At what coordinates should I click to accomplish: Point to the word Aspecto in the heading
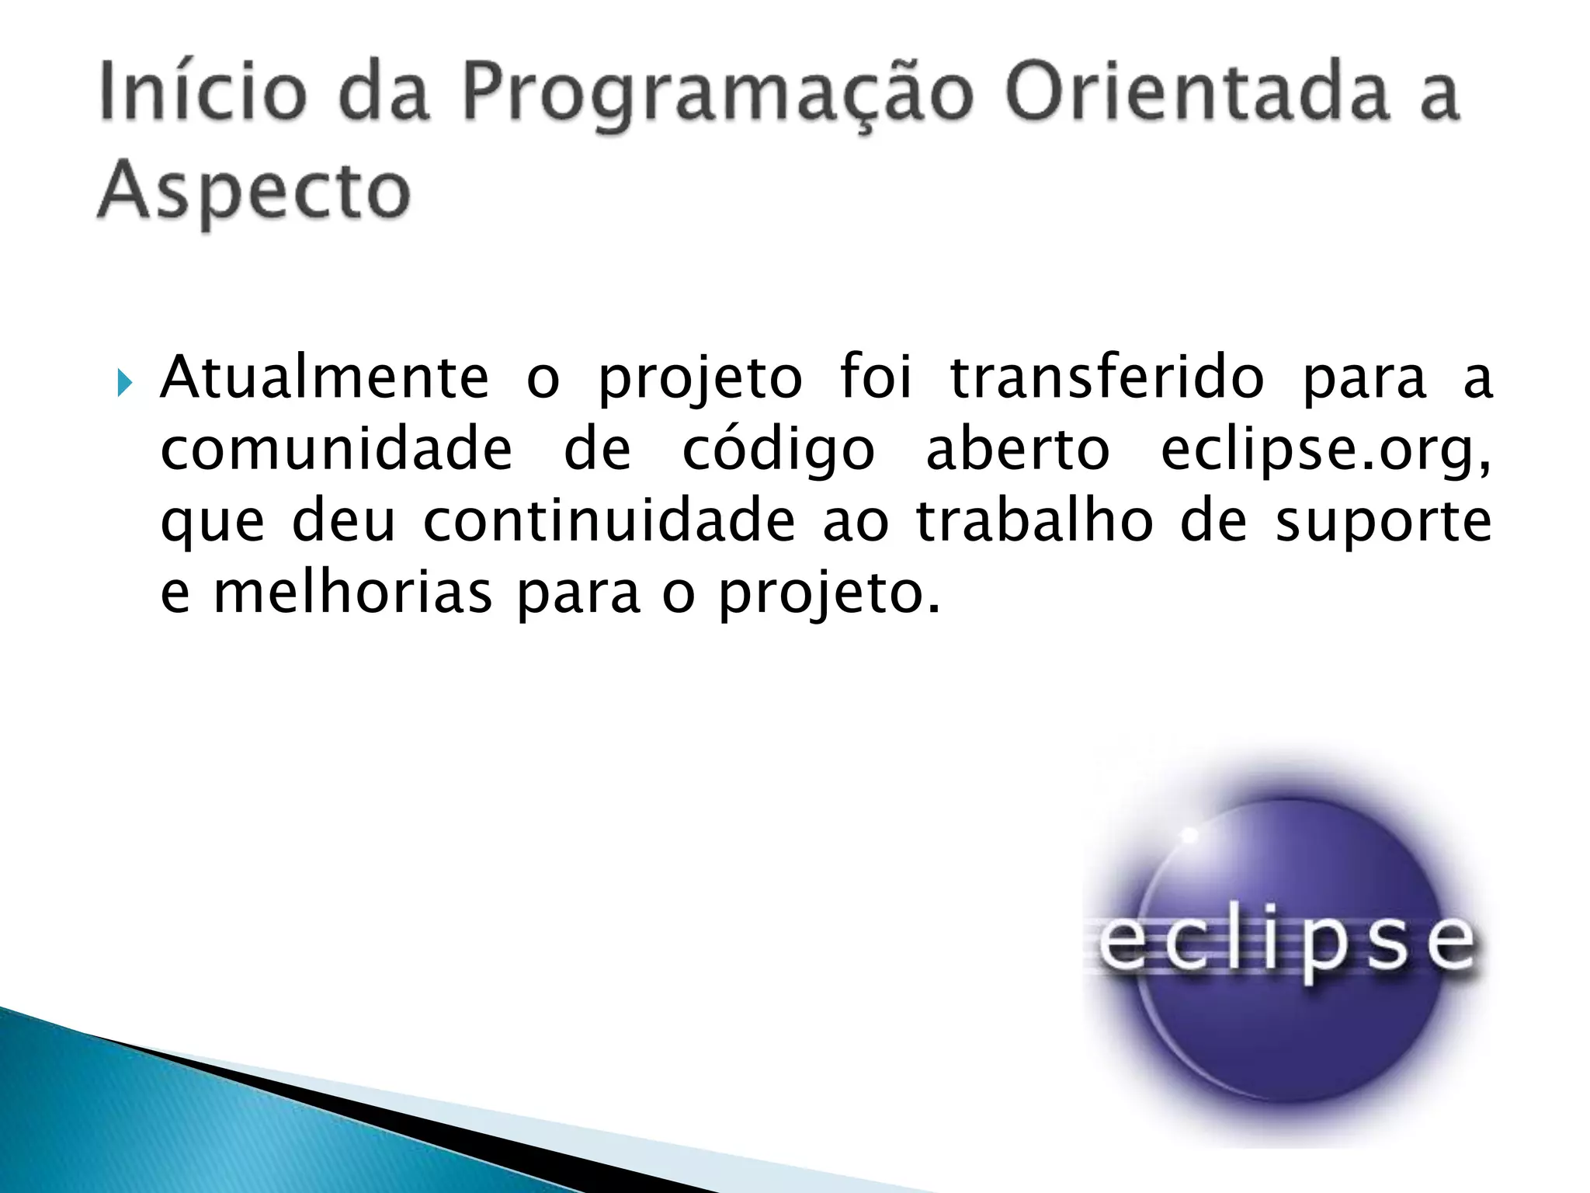254,192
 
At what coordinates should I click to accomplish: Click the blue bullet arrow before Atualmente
124,382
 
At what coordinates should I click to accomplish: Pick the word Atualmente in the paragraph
325,378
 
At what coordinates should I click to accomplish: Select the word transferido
1107,378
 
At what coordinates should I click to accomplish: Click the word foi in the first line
876,378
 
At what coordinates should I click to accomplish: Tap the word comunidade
336,450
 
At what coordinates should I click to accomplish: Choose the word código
778,450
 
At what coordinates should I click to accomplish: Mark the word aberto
1018,450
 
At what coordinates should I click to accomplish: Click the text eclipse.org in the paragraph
1325,451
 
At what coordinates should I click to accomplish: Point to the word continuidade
609,521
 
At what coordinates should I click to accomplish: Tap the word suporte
1383,523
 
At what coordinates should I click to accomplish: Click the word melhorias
352,593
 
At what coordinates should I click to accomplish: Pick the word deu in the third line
344,521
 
